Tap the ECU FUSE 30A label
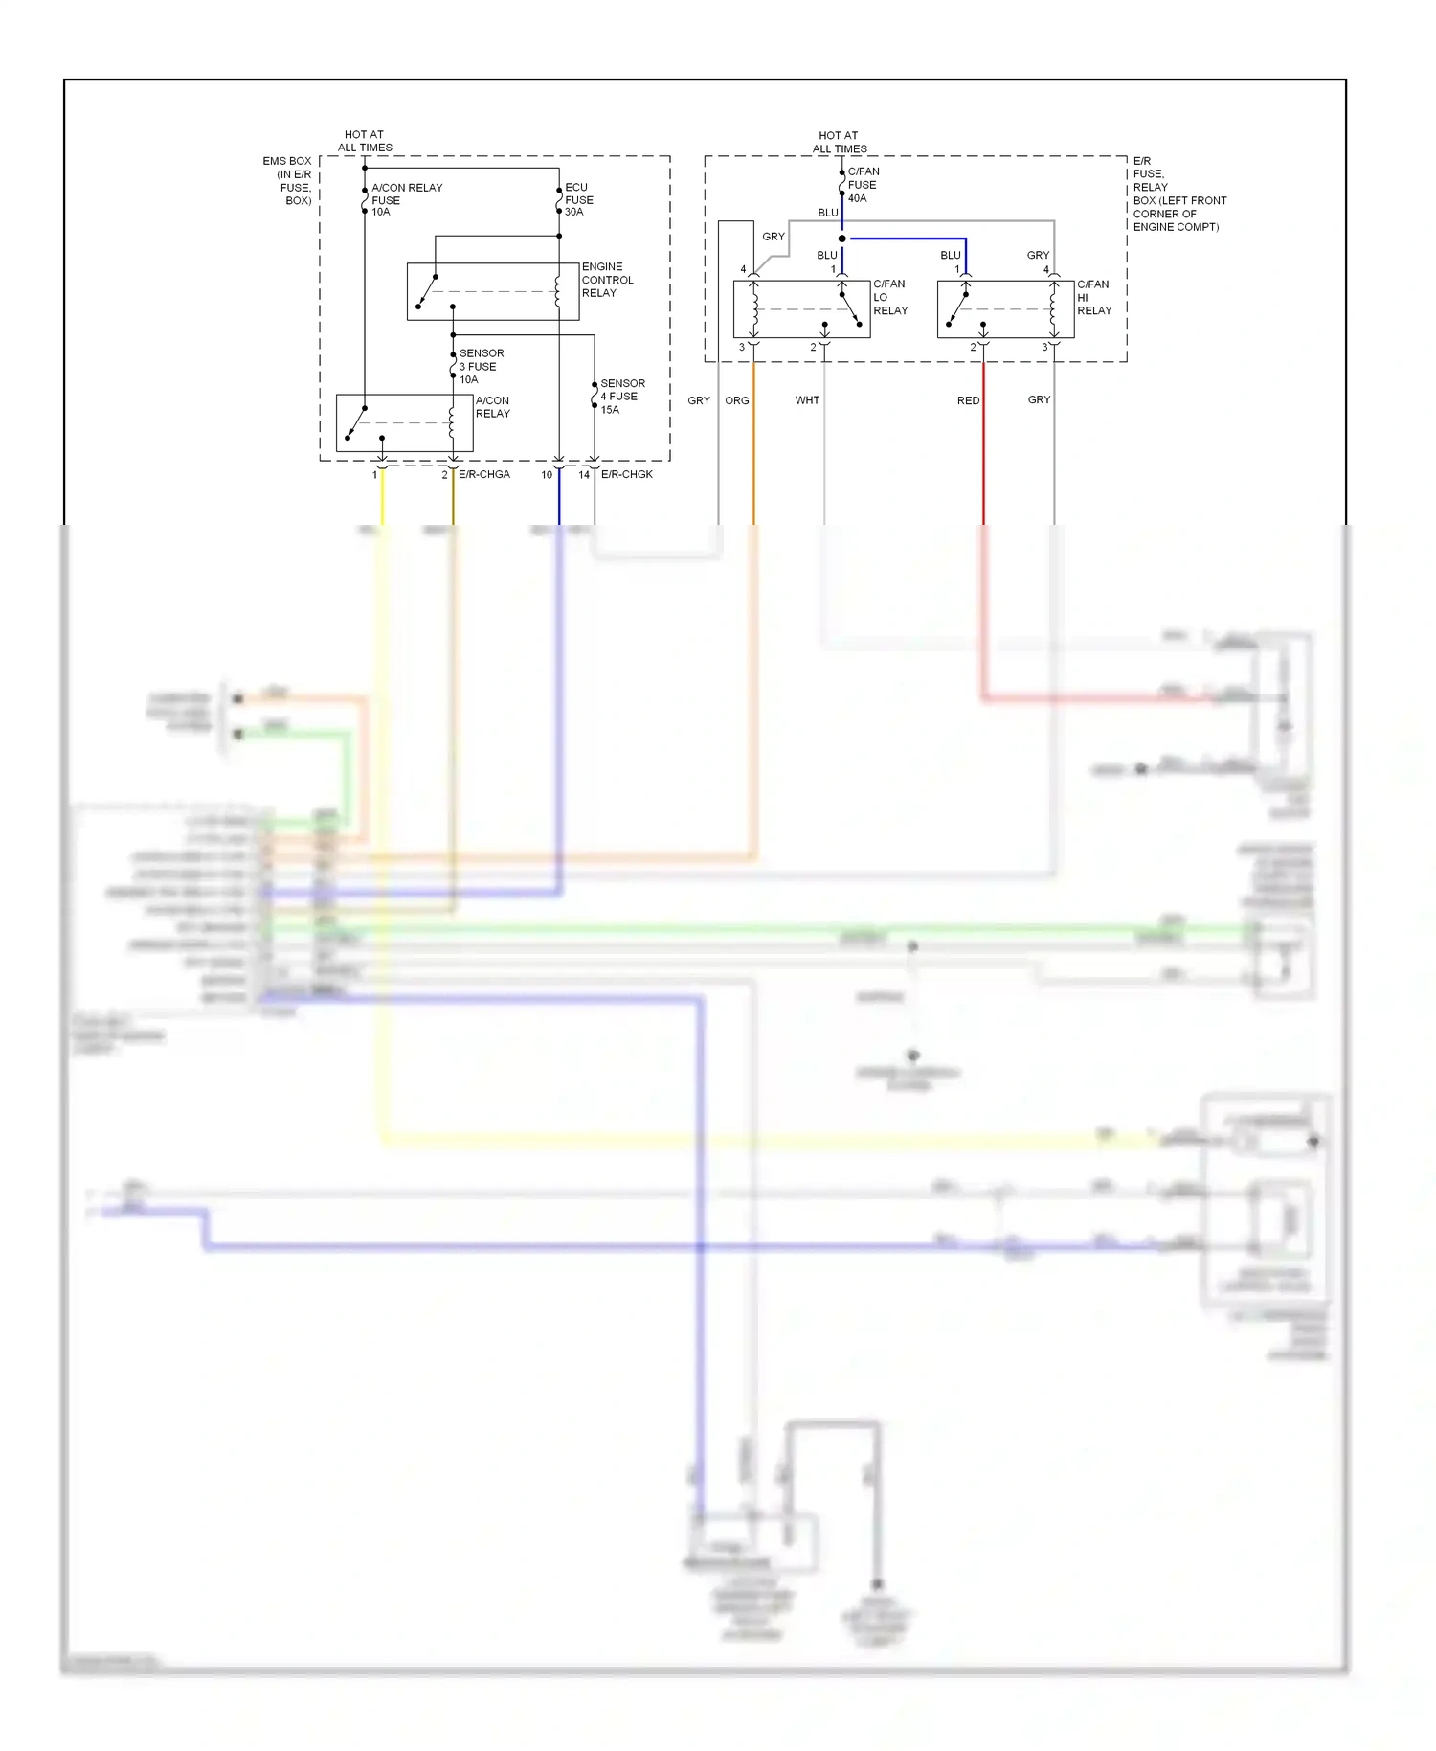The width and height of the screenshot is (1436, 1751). coord(578,199)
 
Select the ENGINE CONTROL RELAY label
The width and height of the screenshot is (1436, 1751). coord(607,280)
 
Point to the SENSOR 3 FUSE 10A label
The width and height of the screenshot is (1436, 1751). coord(481,366)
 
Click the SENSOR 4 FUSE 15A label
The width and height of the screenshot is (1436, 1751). coord(621,396)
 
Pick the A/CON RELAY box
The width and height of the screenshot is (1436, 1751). coord(404,422)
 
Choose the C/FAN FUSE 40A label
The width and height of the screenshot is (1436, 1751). coord(863,185)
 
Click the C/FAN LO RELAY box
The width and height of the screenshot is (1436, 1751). coord(801,308)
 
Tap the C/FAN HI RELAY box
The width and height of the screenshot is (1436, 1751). coord(1005,308)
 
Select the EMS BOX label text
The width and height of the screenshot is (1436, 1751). coord(287,161)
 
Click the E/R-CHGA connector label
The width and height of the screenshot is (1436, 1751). coord(484,474)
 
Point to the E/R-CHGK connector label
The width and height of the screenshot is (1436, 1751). coord(627,474)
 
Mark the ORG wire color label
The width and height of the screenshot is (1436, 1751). coord(737,400)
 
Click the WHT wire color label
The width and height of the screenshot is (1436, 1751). coord(807,400)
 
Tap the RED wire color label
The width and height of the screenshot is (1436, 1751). coord(968,400)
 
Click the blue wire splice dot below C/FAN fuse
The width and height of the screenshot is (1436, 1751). coord(842,239)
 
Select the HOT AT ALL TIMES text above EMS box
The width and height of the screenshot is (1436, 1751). coord(365,141)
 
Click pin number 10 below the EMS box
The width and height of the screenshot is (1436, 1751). coord(547,475)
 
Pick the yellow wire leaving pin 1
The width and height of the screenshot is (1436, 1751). coord(382,498)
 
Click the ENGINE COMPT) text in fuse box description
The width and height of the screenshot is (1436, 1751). coord(1176,227)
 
